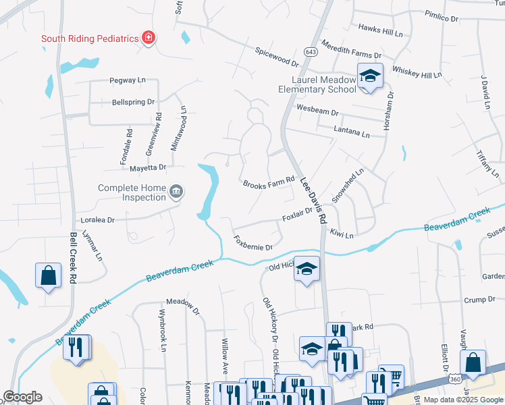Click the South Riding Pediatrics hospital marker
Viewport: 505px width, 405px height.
(x=148, y=38)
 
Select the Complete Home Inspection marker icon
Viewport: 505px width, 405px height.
(x=176, y=192)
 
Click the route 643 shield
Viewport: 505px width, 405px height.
(x=311, y=52)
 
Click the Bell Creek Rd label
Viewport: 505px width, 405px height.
(x=74, y=258)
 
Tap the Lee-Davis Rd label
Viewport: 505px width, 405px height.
(x=313, y=200)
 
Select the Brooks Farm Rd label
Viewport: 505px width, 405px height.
(x=269, y=182)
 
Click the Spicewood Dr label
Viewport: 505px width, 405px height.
(x=277, y=57)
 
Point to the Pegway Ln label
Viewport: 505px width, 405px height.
(x=128, y=80)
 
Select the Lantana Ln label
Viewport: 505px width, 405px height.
(x=352, y=132)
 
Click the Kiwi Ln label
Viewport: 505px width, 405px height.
(x=342, y=234)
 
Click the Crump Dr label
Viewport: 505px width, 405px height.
(x=479, y=299)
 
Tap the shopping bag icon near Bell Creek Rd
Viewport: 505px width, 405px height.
(x=48, y=275)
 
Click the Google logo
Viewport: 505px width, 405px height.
(x=23, y=397)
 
